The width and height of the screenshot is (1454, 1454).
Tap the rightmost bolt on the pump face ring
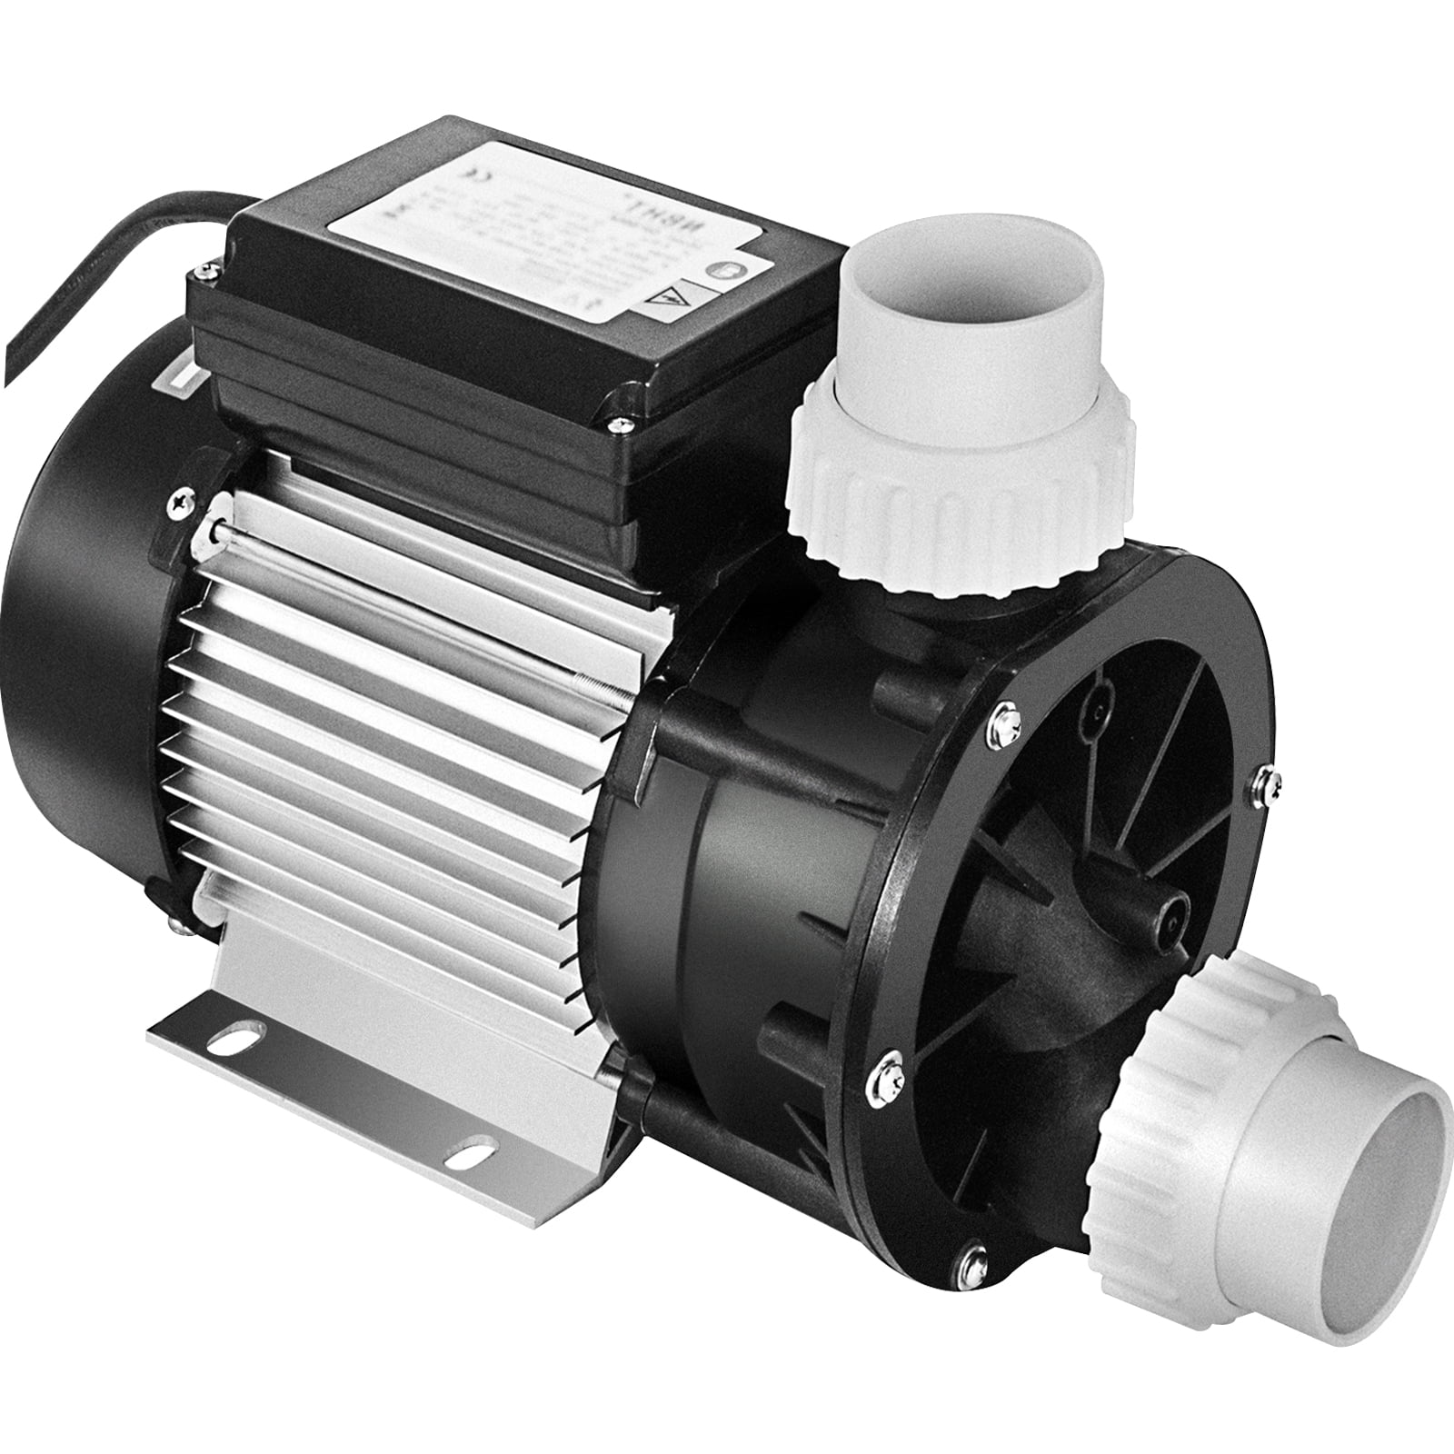tap(1258, 777)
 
